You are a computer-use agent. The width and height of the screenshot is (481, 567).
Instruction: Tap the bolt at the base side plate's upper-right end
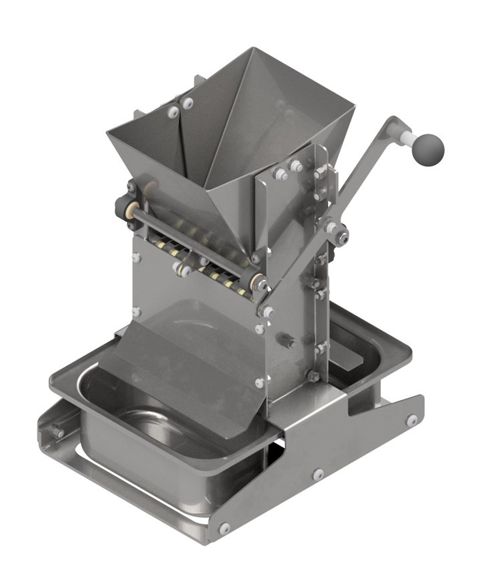point(413,420)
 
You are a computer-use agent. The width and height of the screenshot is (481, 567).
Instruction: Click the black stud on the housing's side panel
point(289,341)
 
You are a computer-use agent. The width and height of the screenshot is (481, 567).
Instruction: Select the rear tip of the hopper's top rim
point(251,49)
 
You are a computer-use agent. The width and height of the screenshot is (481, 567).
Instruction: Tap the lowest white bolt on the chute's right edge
point(259,383)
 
